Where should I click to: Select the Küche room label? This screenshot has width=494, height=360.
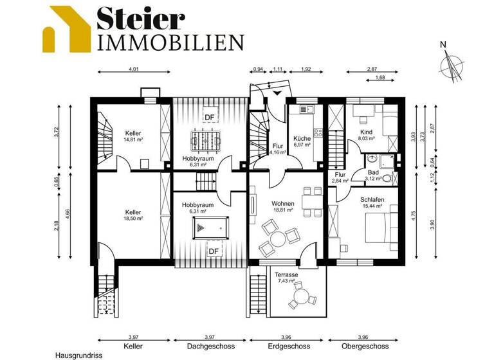[x=302, y=141]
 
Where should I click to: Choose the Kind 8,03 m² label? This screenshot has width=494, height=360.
[x=366, y=134]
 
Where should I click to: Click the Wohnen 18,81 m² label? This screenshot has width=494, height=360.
[x=282, y=206]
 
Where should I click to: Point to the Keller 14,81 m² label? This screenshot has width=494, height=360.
[x=133, y=136]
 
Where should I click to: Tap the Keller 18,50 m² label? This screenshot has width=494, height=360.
[x=133, y=215]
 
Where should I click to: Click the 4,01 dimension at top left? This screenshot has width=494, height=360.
[x=133, y=68]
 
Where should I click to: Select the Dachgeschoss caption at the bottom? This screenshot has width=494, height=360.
[x=210, y=346]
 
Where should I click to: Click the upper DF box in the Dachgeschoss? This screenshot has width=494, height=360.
[x=210, y=116]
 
